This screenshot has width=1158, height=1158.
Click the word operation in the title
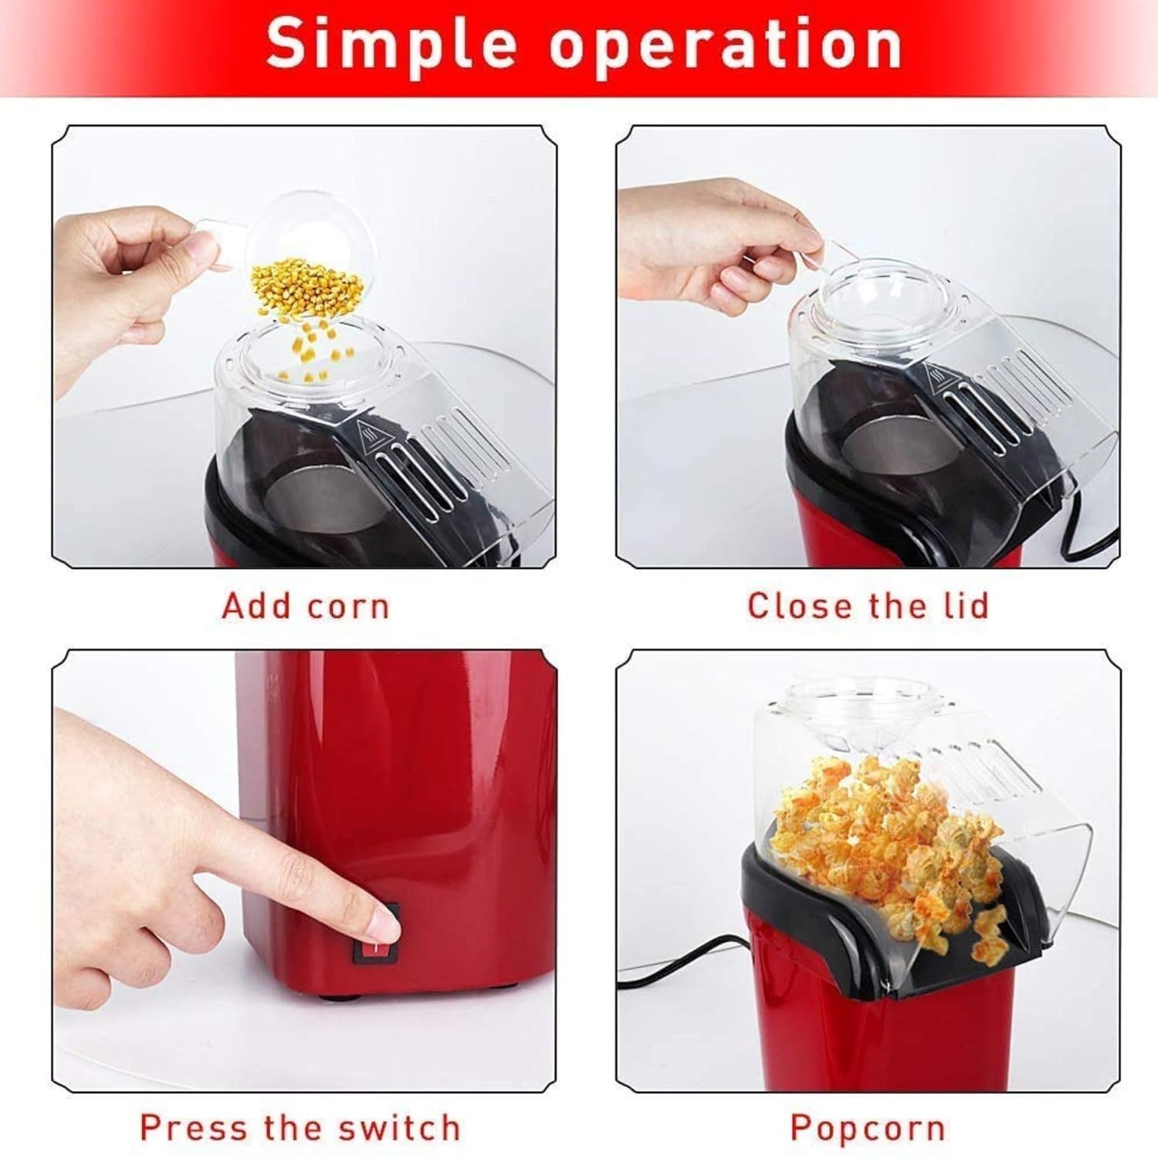tap(726, 46)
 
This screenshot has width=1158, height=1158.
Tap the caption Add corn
tap(306, 606)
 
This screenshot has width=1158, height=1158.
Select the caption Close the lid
tap(868, 606)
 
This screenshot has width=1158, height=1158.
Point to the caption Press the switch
tap(300, 1128)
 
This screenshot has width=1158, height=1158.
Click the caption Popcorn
tap(868, 1129)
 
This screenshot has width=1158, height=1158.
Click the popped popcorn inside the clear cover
tap(888, 834)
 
